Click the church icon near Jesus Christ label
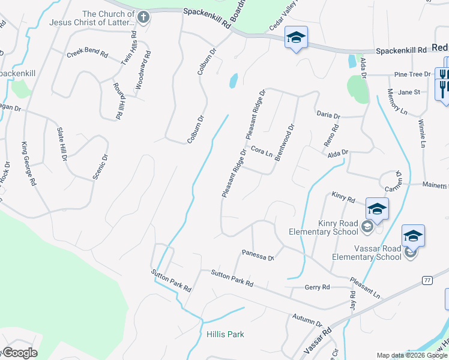[x=143, y=17]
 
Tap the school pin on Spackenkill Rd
[x=296, y=38]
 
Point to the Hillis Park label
[x=225, y=334]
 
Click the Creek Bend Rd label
[x=87, y=54]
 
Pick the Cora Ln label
[x=262, y=151]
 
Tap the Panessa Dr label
[x=258, y=255]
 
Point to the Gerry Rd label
[x=318, y=287]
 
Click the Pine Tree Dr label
[x=412, y=74]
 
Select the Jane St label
[x=409, y=92]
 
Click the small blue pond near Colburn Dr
[x=233, y=80]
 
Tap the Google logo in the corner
[x=20, y=353]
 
